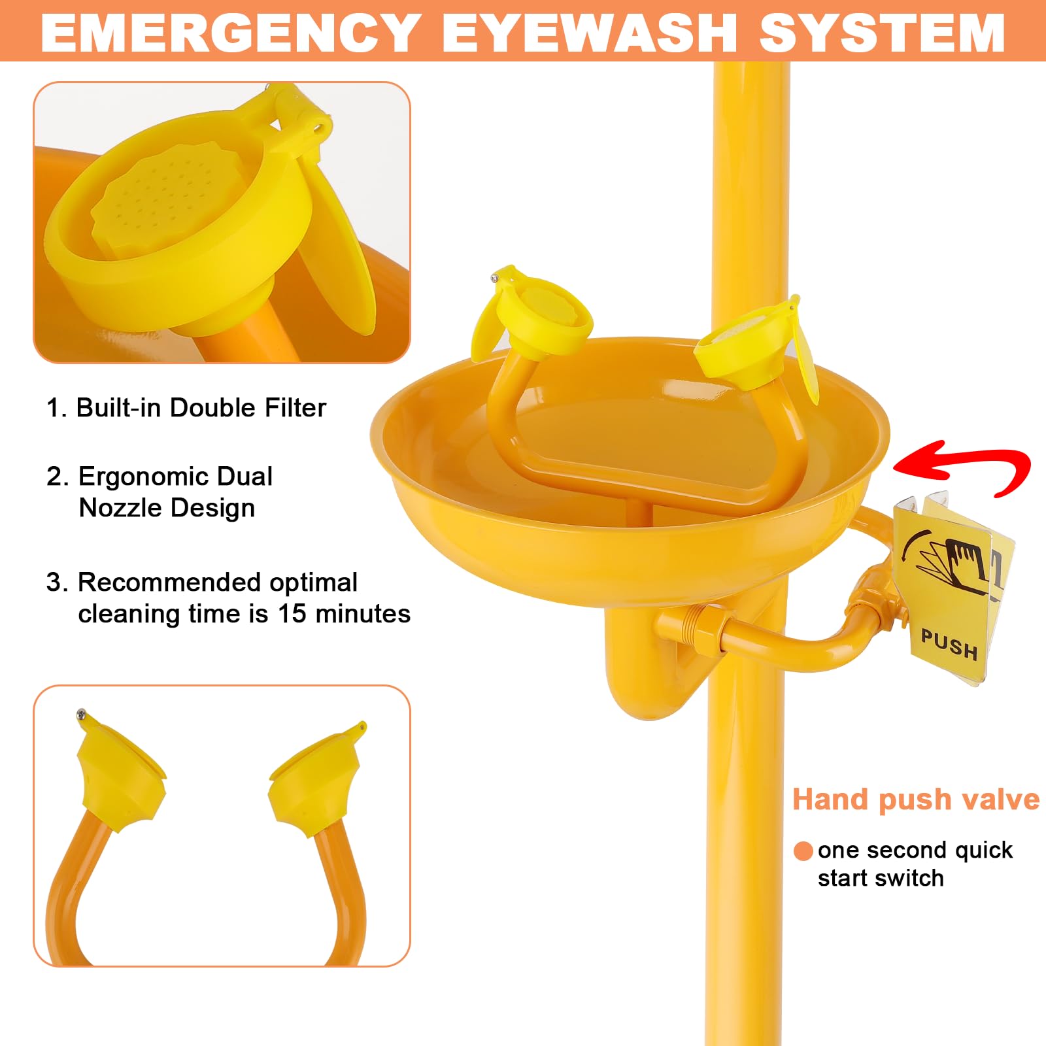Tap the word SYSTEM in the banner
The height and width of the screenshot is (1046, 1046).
coord(882,33)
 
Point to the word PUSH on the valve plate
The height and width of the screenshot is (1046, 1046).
coord(949,645)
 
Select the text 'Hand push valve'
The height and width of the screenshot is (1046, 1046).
coord(915,799)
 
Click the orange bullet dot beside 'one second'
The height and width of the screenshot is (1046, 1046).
coord(803,851)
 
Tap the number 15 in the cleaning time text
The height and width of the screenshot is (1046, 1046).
coord(292,614)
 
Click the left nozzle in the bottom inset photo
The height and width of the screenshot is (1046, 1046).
coord(121,778)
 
